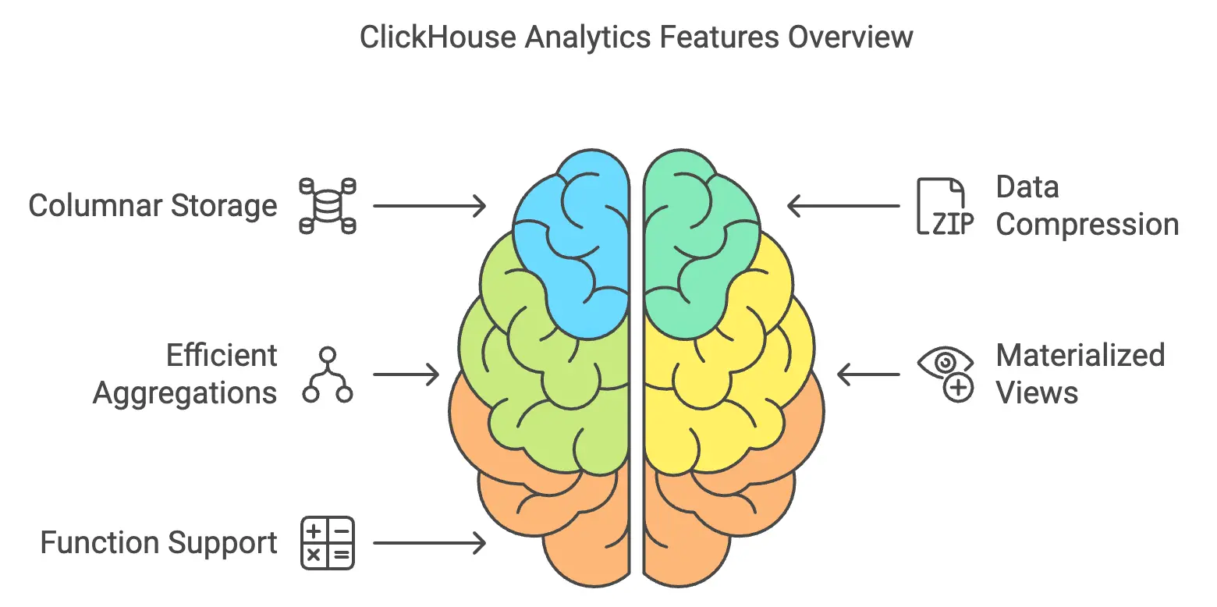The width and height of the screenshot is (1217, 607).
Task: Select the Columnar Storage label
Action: tap(153, 206)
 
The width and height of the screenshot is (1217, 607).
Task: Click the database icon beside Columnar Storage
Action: tap(328, 206)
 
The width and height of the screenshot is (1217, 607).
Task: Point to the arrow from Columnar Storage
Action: tap(429, 206)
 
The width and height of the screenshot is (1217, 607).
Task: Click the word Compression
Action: tap(1087, 225)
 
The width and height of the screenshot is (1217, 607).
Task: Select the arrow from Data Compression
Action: tap(843, 206)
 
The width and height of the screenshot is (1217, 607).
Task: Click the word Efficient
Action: tap(222, 356)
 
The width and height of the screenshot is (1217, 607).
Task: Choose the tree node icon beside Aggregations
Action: tap(328, 375)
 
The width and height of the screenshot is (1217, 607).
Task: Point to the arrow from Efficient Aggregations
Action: tap(406, 374)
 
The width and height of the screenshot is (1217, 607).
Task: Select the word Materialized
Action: tap(1080, 356)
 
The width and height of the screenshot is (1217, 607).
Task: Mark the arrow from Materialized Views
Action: tap(868, 374)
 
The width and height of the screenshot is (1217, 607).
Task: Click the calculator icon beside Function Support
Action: tap(328, 542)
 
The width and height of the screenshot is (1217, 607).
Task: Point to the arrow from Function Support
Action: tap(429, 542)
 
